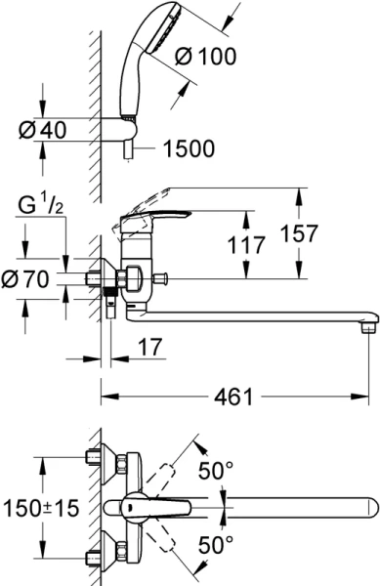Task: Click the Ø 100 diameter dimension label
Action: pos(207,58)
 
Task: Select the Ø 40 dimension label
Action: pos(41,127)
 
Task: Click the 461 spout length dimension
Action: pos(238,396)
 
